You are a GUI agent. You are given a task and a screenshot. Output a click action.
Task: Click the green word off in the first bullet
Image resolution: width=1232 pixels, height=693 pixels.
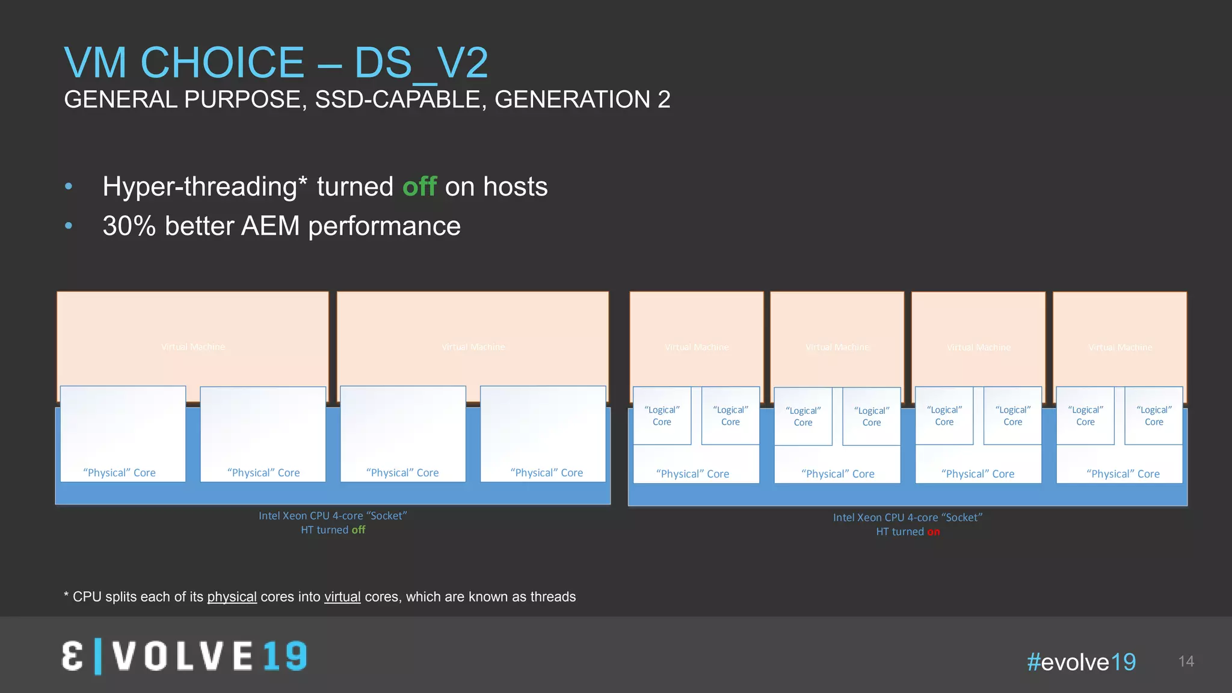419,186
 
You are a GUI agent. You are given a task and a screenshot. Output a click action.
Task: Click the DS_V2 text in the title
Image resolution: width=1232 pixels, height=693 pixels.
420,63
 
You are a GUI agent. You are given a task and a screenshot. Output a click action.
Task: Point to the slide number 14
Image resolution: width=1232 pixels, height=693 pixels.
1186,662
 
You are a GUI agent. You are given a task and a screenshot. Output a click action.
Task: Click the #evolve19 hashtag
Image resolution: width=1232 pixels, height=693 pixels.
1081,662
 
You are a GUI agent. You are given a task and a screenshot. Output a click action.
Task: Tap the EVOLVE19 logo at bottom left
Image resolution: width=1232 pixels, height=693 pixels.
185,656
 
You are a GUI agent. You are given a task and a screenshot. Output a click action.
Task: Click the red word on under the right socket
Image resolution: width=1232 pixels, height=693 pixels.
933,532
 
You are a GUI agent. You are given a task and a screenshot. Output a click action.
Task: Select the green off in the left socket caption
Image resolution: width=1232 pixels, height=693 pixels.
359,530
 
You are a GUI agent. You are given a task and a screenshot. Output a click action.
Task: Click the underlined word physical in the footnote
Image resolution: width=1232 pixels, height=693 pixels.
232,597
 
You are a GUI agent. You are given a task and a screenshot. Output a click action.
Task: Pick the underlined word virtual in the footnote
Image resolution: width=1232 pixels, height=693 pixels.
342,597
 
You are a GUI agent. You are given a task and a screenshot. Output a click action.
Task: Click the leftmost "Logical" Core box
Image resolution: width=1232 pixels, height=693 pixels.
662,416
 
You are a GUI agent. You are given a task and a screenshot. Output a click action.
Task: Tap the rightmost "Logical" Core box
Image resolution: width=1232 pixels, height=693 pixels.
1153,416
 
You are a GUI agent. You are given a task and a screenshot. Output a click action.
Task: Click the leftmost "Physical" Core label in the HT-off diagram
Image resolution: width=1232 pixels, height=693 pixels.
119,473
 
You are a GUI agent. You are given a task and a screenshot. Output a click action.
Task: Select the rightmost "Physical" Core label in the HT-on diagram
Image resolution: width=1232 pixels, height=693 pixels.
1123,474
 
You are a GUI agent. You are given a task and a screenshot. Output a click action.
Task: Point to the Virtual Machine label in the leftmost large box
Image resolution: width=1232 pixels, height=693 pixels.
193,347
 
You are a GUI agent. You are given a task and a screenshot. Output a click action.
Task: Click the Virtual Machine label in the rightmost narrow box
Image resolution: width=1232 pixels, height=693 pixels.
1120,348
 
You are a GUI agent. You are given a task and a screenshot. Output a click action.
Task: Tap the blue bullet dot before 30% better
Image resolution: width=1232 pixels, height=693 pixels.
69,226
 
